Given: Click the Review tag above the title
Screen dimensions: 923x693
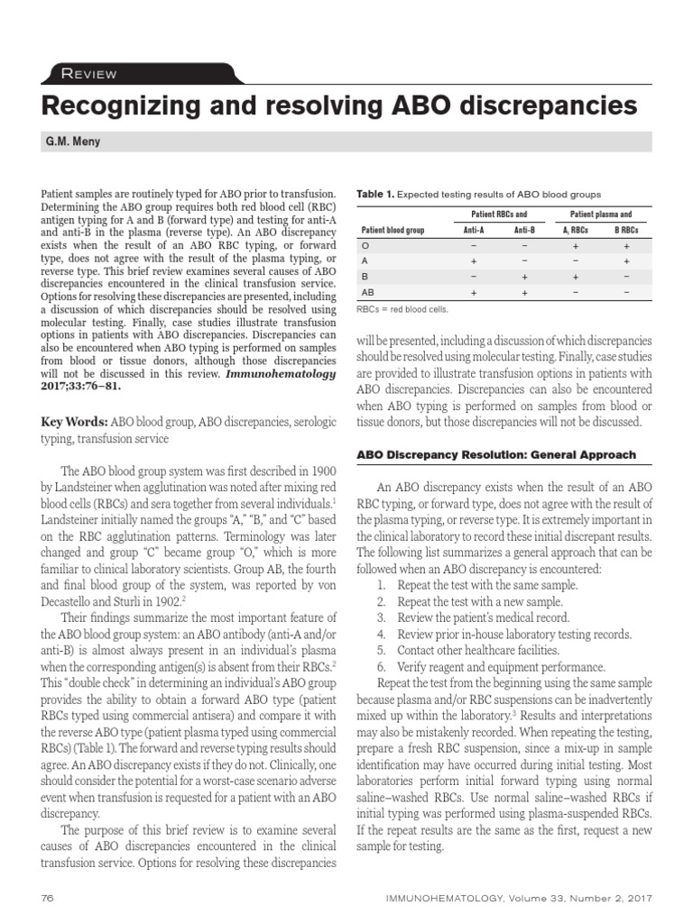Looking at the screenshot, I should click(88, 74).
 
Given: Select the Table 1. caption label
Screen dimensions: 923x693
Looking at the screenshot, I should click(376, 195).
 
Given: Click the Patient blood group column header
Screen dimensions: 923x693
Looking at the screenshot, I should click(393, 230).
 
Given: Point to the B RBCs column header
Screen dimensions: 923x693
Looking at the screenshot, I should click(626, 230).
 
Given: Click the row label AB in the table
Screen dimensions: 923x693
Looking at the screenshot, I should click(368, 293).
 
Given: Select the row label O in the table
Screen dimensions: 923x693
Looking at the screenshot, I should click(365, 244).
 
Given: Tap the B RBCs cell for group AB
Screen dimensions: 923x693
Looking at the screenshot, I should click(626, 293).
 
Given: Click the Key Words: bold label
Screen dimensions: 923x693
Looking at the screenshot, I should click(75, 422).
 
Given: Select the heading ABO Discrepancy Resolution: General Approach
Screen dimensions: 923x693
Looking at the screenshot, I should click(495, 454).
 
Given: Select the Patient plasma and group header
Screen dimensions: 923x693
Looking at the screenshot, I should click(601, 215).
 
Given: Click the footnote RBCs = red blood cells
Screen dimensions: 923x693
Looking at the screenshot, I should click(402, 309).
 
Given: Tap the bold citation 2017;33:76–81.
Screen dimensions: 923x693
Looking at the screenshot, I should click(80, 386).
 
